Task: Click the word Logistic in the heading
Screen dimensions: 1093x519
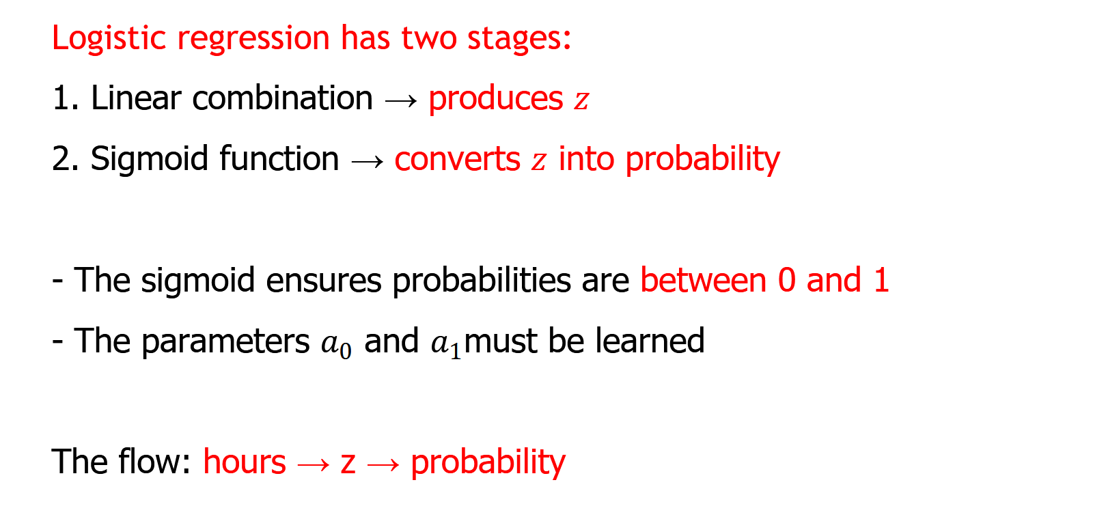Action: (109, 38)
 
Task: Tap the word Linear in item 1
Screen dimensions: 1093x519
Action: (136, 98)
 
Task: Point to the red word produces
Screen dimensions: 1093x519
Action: (496, 100)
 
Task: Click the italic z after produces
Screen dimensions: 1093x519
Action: (581, 102)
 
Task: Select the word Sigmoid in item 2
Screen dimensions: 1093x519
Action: (150, 160)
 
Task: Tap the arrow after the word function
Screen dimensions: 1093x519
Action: (368, 161)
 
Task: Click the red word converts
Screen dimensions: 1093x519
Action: (458, 160)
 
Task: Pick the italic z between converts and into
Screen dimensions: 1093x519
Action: (539, 162)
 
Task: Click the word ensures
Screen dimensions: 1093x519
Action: (324, 281)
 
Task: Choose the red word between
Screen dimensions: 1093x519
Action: (703, 280)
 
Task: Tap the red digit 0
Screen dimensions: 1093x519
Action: (786, 281)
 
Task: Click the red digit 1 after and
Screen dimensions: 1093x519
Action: (881, 281)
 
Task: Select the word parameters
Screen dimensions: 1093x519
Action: (225, 342)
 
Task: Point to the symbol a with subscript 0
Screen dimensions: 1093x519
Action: (336, 346)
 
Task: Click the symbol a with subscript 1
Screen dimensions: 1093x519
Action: (446, 346)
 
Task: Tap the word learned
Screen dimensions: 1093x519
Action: (650, 340)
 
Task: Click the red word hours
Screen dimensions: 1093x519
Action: (245, 462)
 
